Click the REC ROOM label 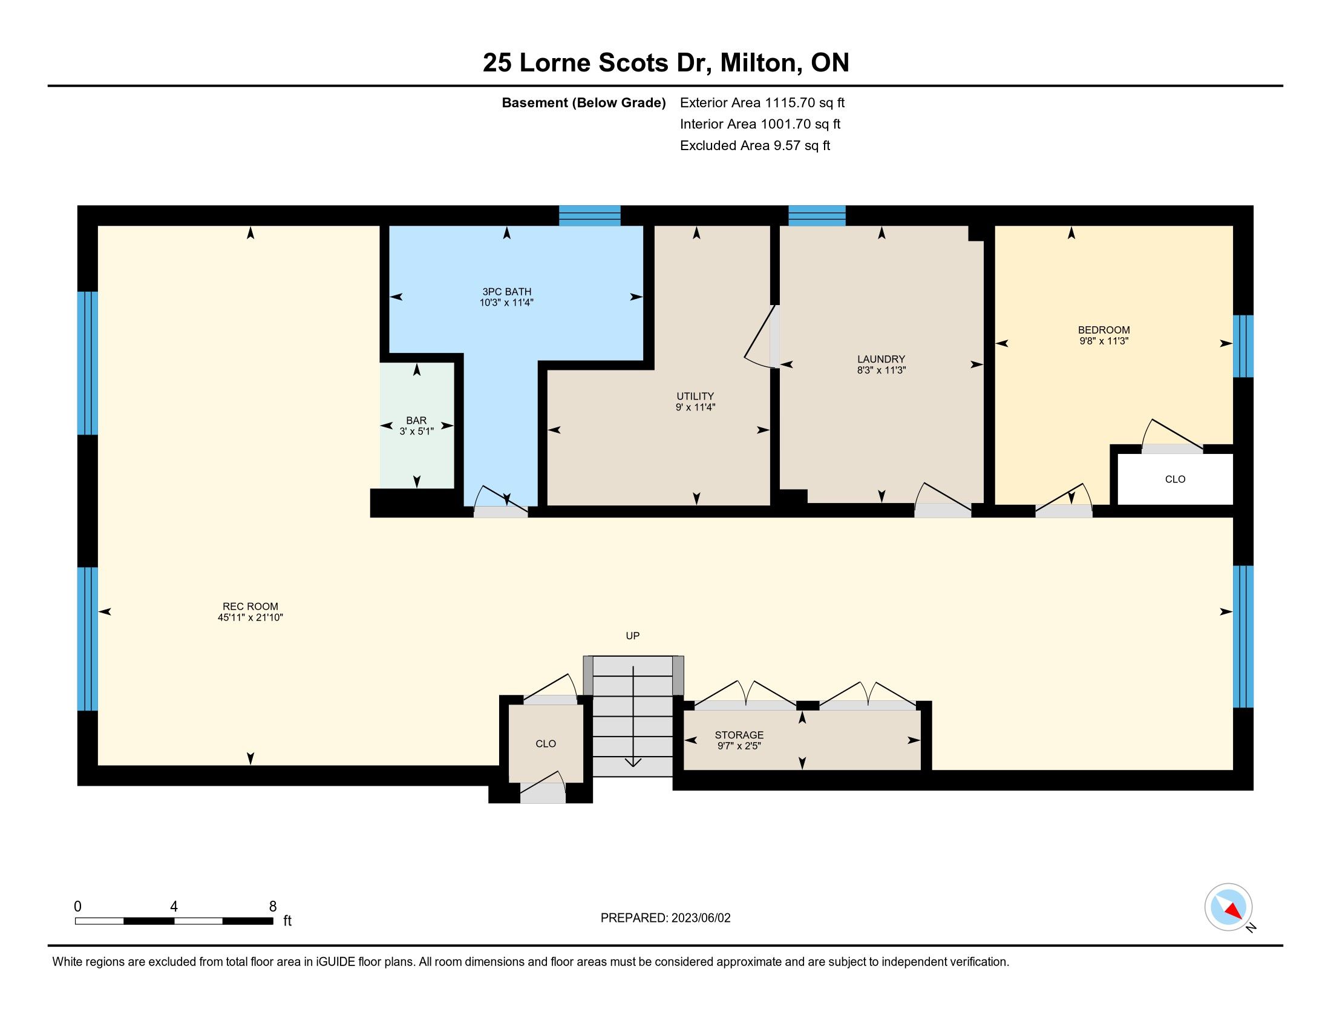click(250, 606)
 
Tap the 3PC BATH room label click(506, 291)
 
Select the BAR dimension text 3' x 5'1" click(416, 431)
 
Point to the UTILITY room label click(695, 396)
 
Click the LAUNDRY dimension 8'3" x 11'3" click(881, 369)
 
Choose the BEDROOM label click(1104, 330)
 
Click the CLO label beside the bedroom click(1175, 479)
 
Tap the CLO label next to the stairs click(546, 744)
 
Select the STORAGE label click(739, 735)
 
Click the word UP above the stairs click(633, 636)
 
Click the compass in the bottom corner click(1229, 907)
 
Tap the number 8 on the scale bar click(272, 906)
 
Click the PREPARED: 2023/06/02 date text click(665, 918)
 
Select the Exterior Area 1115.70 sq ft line click(762, 102)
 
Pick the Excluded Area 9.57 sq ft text click(755, 145)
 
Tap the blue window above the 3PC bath click(590, 216)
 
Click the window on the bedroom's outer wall click(1243, 346)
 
